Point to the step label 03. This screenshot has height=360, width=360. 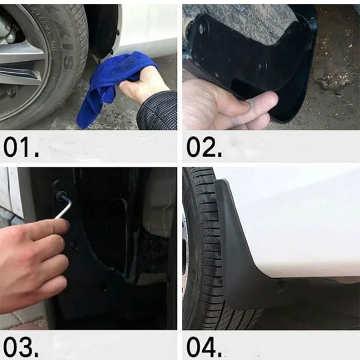22,347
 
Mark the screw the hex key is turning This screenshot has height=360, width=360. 60,195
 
